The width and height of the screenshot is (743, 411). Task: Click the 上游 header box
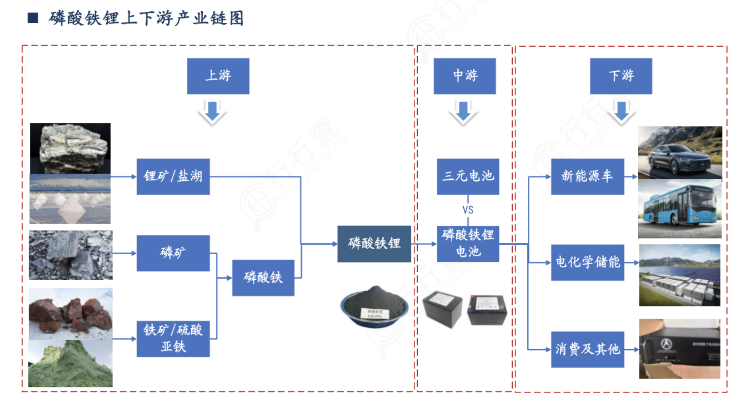(218, 76)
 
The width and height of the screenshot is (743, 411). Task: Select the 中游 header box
(464, 76)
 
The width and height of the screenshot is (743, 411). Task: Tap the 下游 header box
(621, 76)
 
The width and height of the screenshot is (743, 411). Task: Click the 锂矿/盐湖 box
(173, 177)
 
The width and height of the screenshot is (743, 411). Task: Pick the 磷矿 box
(173, 253)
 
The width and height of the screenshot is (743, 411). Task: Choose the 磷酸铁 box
(263, 278)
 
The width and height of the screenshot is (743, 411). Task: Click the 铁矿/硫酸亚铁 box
(173, 338)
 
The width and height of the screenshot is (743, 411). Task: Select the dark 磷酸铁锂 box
(374, 244)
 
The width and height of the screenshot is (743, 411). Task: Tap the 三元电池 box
(468, 177)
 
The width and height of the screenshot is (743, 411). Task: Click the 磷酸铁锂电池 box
(468, 244)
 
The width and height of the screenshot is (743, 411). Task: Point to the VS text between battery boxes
(468, 210)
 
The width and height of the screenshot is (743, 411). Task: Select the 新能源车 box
(587, 177)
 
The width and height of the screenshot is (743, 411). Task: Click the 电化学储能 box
(587, 262)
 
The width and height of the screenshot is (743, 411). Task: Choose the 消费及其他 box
(587, 349)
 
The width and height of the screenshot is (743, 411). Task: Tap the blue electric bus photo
(680, 209)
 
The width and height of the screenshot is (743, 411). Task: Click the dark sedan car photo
(680, 152)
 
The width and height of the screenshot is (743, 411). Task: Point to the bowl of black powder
(374, 306)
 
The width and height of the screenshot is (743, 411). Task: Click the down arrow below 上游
(212, 112)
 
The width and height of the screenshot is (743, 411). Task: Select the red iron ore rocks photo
(70, 314)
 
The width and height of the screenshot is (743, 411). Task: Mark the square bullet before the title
(33, 18)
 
